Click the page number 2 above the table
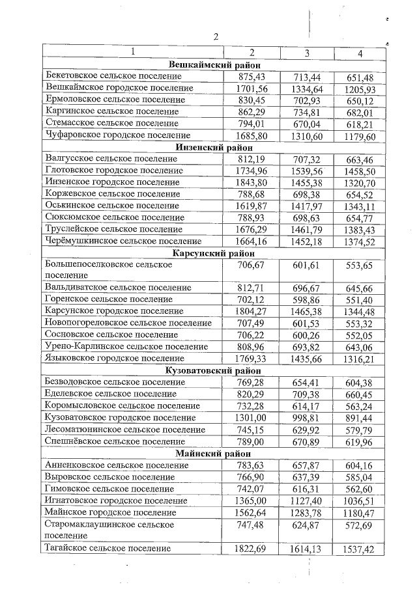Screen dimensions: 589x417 [216, 36]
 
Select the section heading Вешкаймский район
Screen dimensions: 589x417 [214, 64]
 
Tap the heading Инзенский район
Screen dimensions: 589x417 [214, 147]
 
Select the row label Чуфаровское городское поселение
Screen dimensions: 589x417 [119, 135]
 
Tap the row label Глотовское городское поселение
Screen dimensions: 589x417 [115, 171]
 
